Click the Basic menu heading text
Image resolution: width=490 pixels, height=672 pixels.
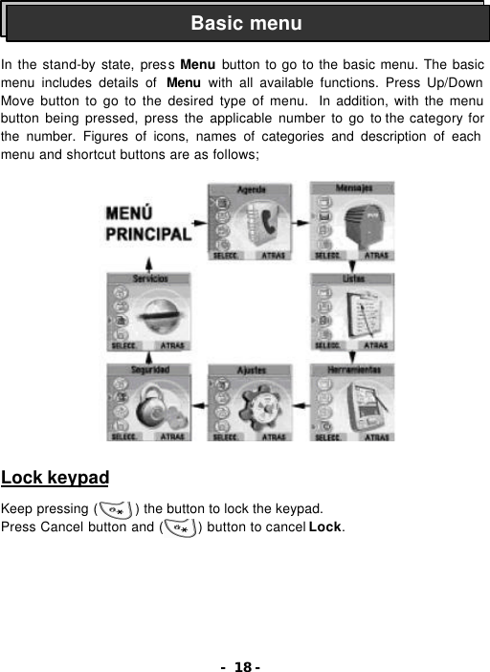[245, 23]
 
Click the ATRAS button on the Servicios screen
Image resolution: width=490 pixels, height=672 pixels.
[173, 345]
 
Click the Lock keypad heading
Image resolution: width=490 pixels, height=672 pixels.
[55, 478]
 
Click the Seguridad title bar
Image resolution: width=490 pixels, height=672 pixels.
[149, 369]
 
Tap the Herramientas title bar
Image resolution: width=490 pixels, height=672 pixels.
[352, 369]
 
